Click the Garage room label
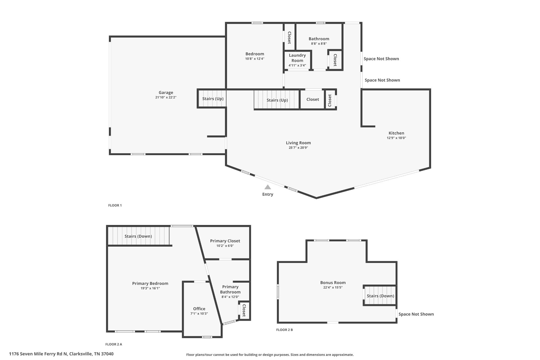click(166, 93)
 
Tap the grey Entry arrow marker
click(268, 187)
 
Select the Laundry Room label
click(297, 58)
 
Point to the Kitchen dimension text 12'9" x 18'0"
click(396, 138)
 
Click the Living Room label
click(298, 143)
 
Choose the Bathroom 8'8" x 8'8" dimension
click(319, 44)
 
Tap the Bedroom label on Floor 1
click(255, 54)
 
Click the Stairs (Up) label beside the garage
click(213, 99)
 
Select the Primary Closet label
click(225, 241)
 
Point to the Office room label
click(199, 309)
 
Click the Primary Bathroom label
click(230, 289)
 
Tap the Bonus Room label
click(333, 283)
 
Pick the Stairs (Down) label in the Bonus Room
click(380, 296)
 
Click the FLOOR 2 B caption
click(284, 330)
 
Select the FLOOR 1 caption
click(115, 205)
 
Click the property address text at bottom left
click(61, 354)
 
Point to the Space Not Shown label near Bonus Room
click(416, 314)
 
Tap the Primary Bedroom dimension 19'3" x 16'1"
click(150, 288)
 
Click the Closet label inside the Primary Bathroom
click(244, 310)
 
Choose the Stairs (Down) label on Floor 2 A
click(138, 236)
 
